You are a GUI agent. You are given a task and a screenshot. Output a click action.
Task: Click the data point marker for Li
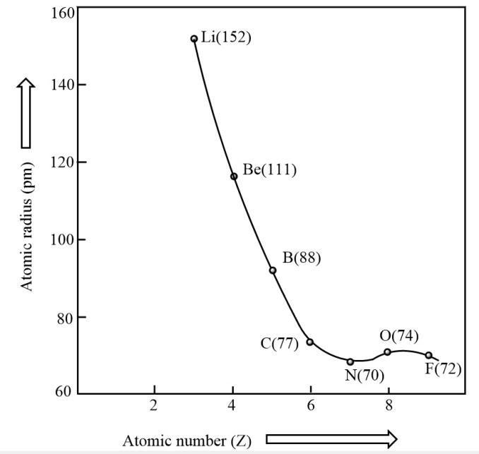point(194,39)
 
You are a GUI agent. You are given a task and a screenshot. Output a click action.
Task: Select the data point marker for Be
point(234,176)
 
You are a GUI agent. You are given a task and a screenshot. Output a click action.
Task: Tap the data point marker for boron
point(273,270)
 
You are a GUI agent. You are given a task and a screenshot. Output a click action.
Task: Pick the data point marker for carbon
point(309,342)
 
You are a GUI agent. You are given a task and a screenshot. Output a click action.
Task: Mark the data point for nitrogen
point(350,362)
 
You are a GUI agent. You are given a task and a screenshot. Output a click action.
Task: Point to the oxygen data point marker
point(387,352)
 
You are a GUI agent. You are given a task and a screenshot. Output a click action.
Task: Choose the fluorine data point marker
point(429,355)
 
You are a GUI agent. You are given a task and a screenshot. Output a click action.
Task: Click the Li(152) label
point(226,37)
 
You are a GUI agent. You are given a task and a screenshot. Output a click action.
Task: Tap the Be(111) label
point(269,169)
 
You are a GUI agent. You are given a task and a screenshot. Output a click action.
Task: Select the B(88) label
point(302,258)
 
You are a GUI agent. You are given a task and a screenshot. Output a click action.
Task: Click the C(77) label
point(280,344)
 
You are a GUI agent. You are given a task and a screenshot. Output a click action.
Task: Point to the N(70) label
point(365,375)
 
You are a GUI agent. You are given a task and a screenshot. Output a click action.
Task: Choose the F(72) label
point(443,369)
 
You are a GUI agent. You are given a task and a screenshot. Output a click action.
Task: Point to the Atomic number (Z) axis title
point(186,441)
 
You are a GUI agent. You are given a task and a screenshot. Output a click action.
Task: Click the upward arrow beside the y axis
point(26,113)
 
